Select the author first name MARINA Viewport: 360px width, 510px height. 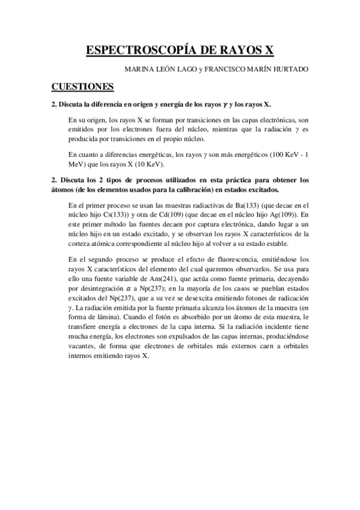point(139,69)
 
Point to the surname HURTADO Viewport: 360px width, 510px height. point(288,69)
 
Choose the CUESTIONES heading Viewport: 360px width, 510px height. point(82,88)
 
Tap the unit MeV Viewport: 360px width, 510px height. point(76,165)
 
